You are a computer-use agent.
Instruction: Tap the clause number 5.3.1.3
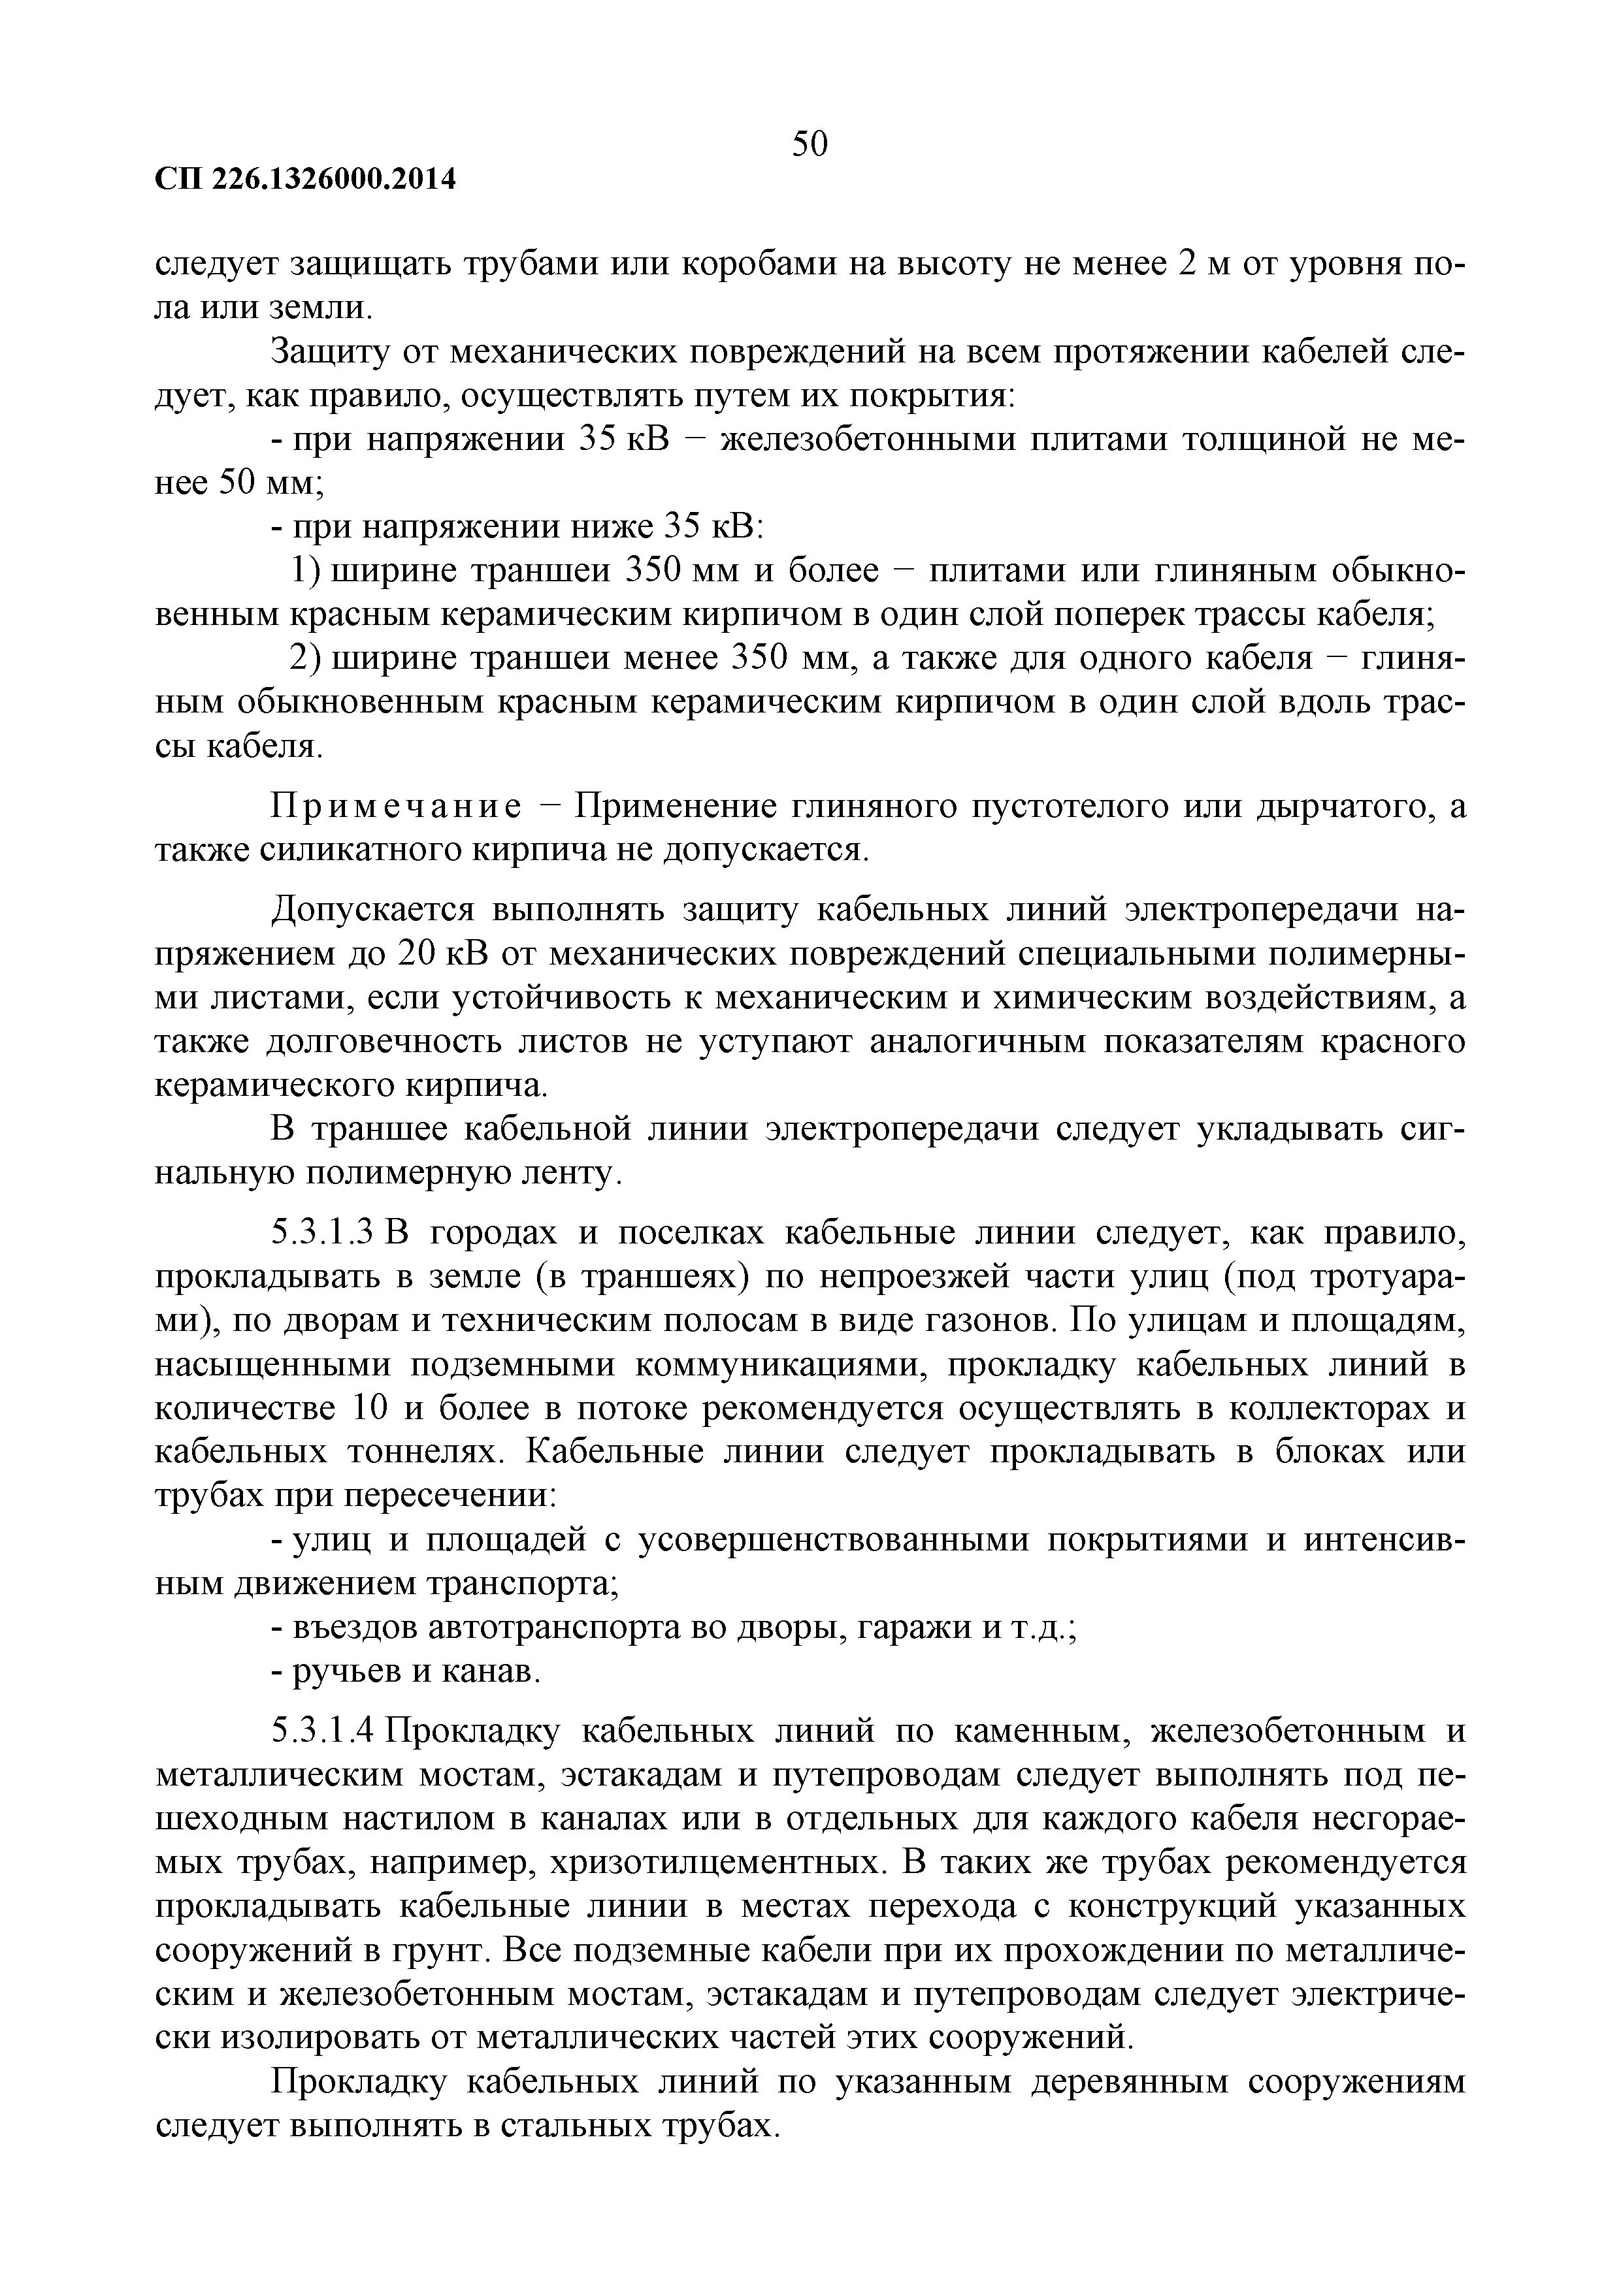pyautogui.click(x=322, y=1234)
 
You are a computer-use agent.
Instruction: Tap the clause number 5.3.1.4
pyautogui.click(x=322, y=1731)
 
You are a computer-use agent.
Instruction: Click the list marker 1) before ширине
pyautogui.click(x=303, y=571)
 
